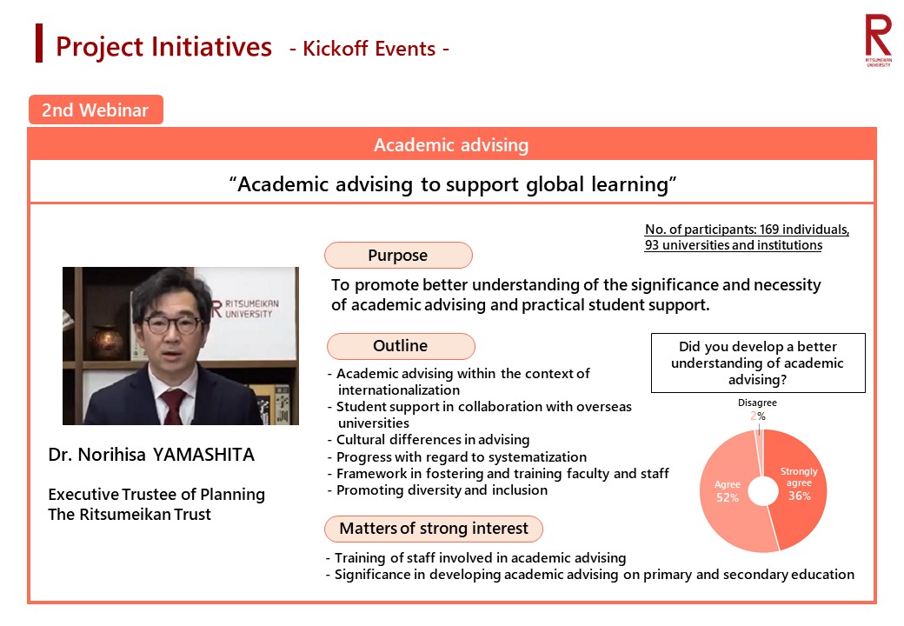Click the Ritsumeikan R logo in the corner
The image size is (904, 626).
pyautogui.click(x=878, y=40)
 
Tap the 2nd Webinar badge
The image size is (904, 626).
pyautogui.click(x=96, y=110)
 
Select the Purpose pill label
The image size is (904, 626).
pyautogui.click(x=398, y=256)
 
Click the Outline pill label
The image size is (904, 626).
pyautogui.click(x=401, y=346)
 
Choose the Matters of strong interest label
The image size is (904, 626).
pyautogui.click(x=434, y=529)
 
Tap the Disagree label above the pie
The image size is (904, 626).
pyautogui.click(x=757, y=403)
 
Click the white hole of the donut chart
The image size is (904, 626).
pyautogui.click(x=763, y=492)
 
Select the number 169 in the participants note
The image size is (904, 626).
pyautogui.click(x=769, y=230)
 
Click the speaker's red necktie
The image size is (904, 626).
pyautogui.click(x=173, y=405)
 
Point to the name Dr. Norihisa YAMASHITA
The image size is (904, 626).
pyautogui.click(x=151, y=455)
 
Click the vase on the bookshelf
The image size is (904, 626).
pyautogui.click(x=107, y=341)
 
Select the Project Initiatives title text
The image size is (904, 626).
pyautogui.click(x=163, y=47)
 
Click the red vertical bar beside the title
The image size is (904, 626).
pyautogui.click(x=39, y=43)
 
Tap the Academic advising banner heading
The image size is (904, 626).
pyautogui.click(x=451, y=144)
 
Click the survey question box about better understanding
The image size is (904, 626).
pyautogui.click(x=758, y=363)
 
